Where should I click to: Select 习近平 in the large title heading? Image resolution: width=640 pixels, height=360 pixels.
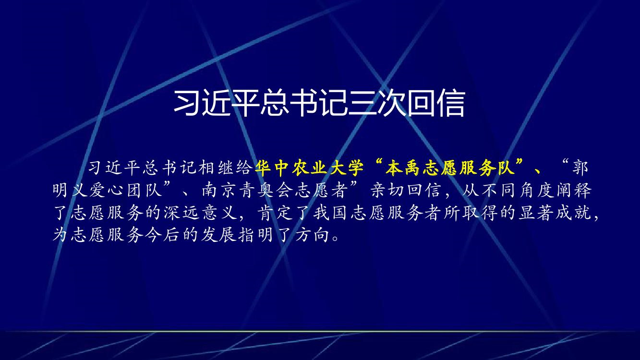pyautogui.click(x=217, y=103)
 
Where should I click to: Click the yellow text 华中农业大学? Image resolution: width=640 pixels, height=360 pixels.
pyautogui.click(x=309, y=168)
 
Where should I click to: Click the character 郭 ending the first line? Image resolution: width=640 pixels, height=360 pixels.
pyautogui.click(x=580, y=168)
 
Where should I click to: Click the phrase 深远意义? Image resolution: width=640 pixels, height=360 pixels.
pyautogui.click(x=201, y=213)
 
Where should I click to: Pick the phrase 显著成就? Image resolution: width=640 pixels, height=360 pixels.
pyautogui.click(x=555, y=213)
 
